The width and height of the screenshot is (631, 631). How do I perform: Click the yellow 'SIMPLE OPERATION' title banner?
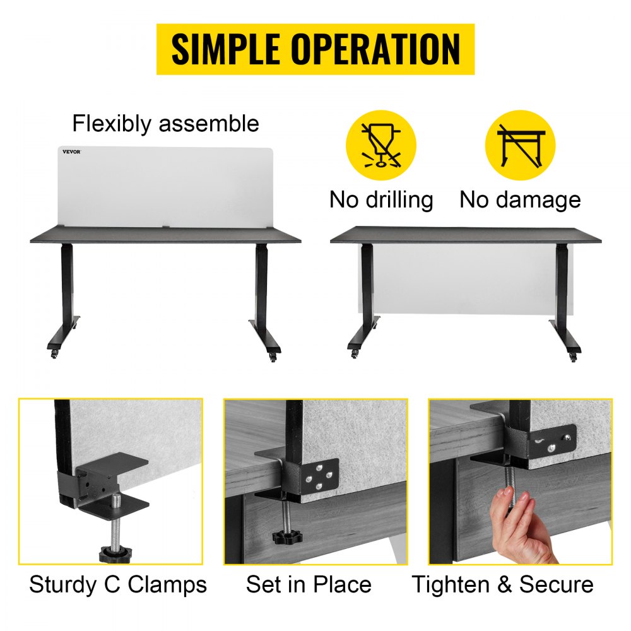click(x=315, y=49)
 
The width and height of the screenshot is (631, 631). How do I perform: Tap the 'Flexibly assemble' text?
click(x=165, y=123)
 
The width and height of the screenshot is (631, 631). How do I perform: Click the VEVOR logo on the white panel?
click(x=71, y=151)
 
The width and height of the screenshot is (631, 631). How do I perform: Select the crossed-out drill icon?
click(x=380, y=145)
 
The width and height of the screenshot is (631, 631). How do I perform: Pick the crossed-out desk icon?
click(x=519, y=145)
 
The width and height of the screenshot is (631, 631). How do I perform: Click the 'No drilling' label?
click(x=381, y=200)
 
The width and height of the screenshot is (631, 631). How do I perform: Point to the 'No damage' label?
click(x=519, y=200)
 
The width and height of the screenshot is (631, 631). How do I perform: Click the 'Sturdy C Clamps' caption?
click(x=117, y=584)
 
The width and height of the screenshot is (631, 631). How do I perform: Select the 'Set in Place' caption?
click(x=309, y=584)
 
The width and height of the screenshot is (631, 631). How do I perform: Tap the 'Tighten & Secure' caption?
click(x=502, y=584)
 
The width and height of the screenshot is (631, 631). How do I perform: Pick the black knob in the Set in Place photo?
click(x=287, y=537)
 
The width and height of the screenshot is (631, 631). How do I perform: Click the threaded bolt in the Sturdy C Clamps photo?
click(x=116, y=521)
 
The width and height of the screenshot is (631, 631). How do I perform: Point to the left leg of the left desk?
click(x=67, y=290)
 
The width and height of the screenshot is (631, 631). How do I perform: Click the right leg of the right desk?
click(x=560, y=290)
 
